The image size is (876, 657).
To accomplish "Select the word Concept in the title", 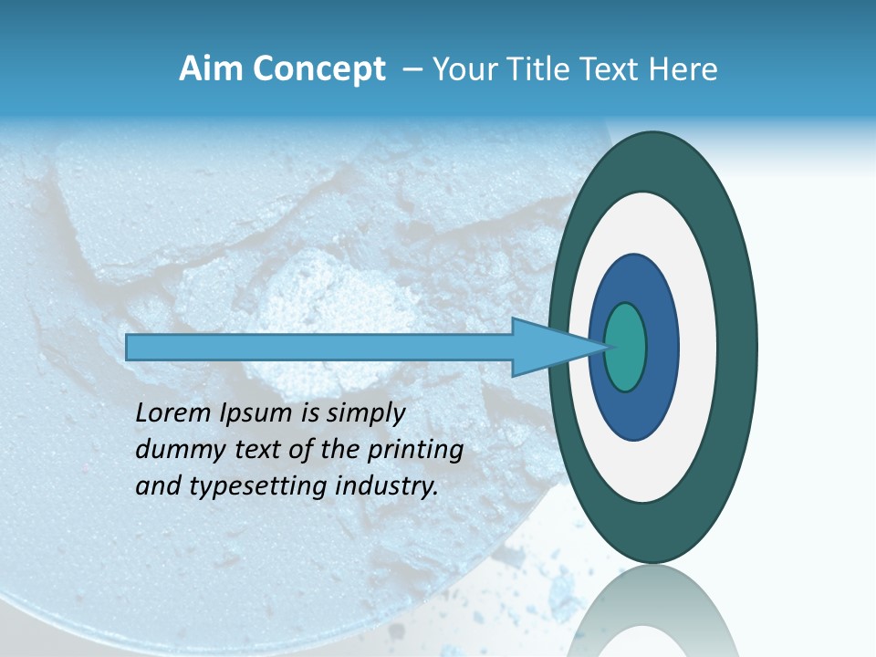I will [x=318, y=70].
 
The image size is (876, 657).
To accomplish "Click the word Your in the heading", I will [x=463, y=69].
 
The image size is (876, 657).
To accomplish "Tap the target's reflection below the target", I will [x=653, y=611].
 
